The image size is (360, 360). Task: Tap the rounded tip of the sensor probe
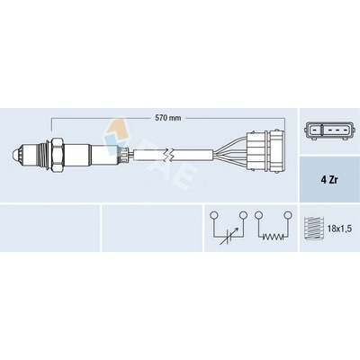[x=15, y=155]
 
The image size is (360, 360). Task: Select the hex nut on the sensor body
[x=57, y=155]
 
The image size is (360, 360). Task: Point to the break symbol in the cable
[x=169, y=156]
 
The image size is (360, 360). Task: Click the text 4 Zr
[x=329, y=180]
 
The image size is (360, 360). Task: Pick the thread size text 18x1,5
[x=339, y=229]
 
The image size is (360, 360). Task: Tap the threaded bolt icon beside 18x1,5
[x=314, y=229]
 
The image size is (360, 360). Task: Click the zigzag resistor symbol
[x=273, y=237]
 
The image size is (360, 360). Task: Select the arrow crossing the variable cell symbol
[x=229, y=236]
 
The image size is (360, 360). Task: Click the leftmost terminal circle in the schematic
[x=214, y=215]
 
